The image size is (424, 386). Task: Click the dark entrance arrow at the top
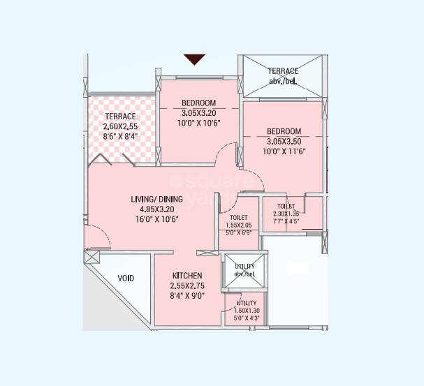click(194, 59)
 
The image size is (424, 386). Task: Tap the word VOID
click(126, 279)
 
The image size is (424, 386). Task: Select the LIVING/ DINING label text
click(156, 199)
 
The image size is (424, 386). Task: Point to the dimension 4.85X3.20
click(156, 209)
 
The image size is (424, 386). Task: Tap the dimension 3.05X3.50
click(284, 141)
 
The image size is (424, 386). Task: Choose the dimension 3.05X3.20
click(199, 112)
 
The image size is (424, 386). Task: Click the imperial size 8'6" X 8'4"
click(119, 137)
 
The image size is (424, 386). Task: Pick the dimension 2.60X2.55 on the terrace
click(120, 126)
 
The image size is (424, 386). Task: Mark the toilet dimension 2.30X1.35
click(286, 214)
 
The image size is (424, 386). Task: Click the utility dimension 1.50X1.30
click(246, 311)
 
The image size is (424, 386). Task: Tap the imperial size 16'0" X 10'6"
click(156, 219)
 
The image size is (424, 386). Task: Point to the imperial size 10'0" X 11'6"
click(284, 151)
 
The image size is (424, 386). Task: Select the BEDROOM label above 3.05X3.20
click(199, 103)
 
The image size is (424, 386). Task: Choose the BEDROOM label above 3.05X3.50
click(284, 131)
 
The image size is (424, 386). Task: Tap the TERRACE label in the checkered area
click(120, 116)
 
